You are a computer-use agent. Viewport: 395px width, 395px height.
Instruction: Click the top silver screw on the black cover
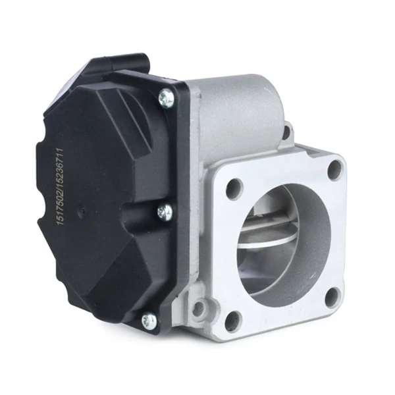click(167, 98)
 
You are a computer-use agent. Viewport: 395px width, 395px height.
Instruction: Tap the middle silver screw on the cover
click(165, 212)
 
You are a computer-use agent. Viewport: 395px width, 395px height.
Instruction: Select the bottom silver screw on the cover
click(149, 320)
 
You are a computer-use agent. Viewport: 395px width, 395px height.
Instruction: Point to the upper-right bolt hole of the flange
click(336, 170)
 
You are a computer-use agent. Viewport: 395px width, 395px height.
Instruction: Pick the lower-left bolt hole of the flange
click(233, 321)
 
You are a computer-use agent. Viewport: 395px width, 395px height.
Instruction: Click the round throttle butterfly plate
click(269, 238)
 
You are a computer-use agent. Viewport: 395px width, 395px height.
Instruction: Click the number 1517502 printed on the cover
click(61, 204)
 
